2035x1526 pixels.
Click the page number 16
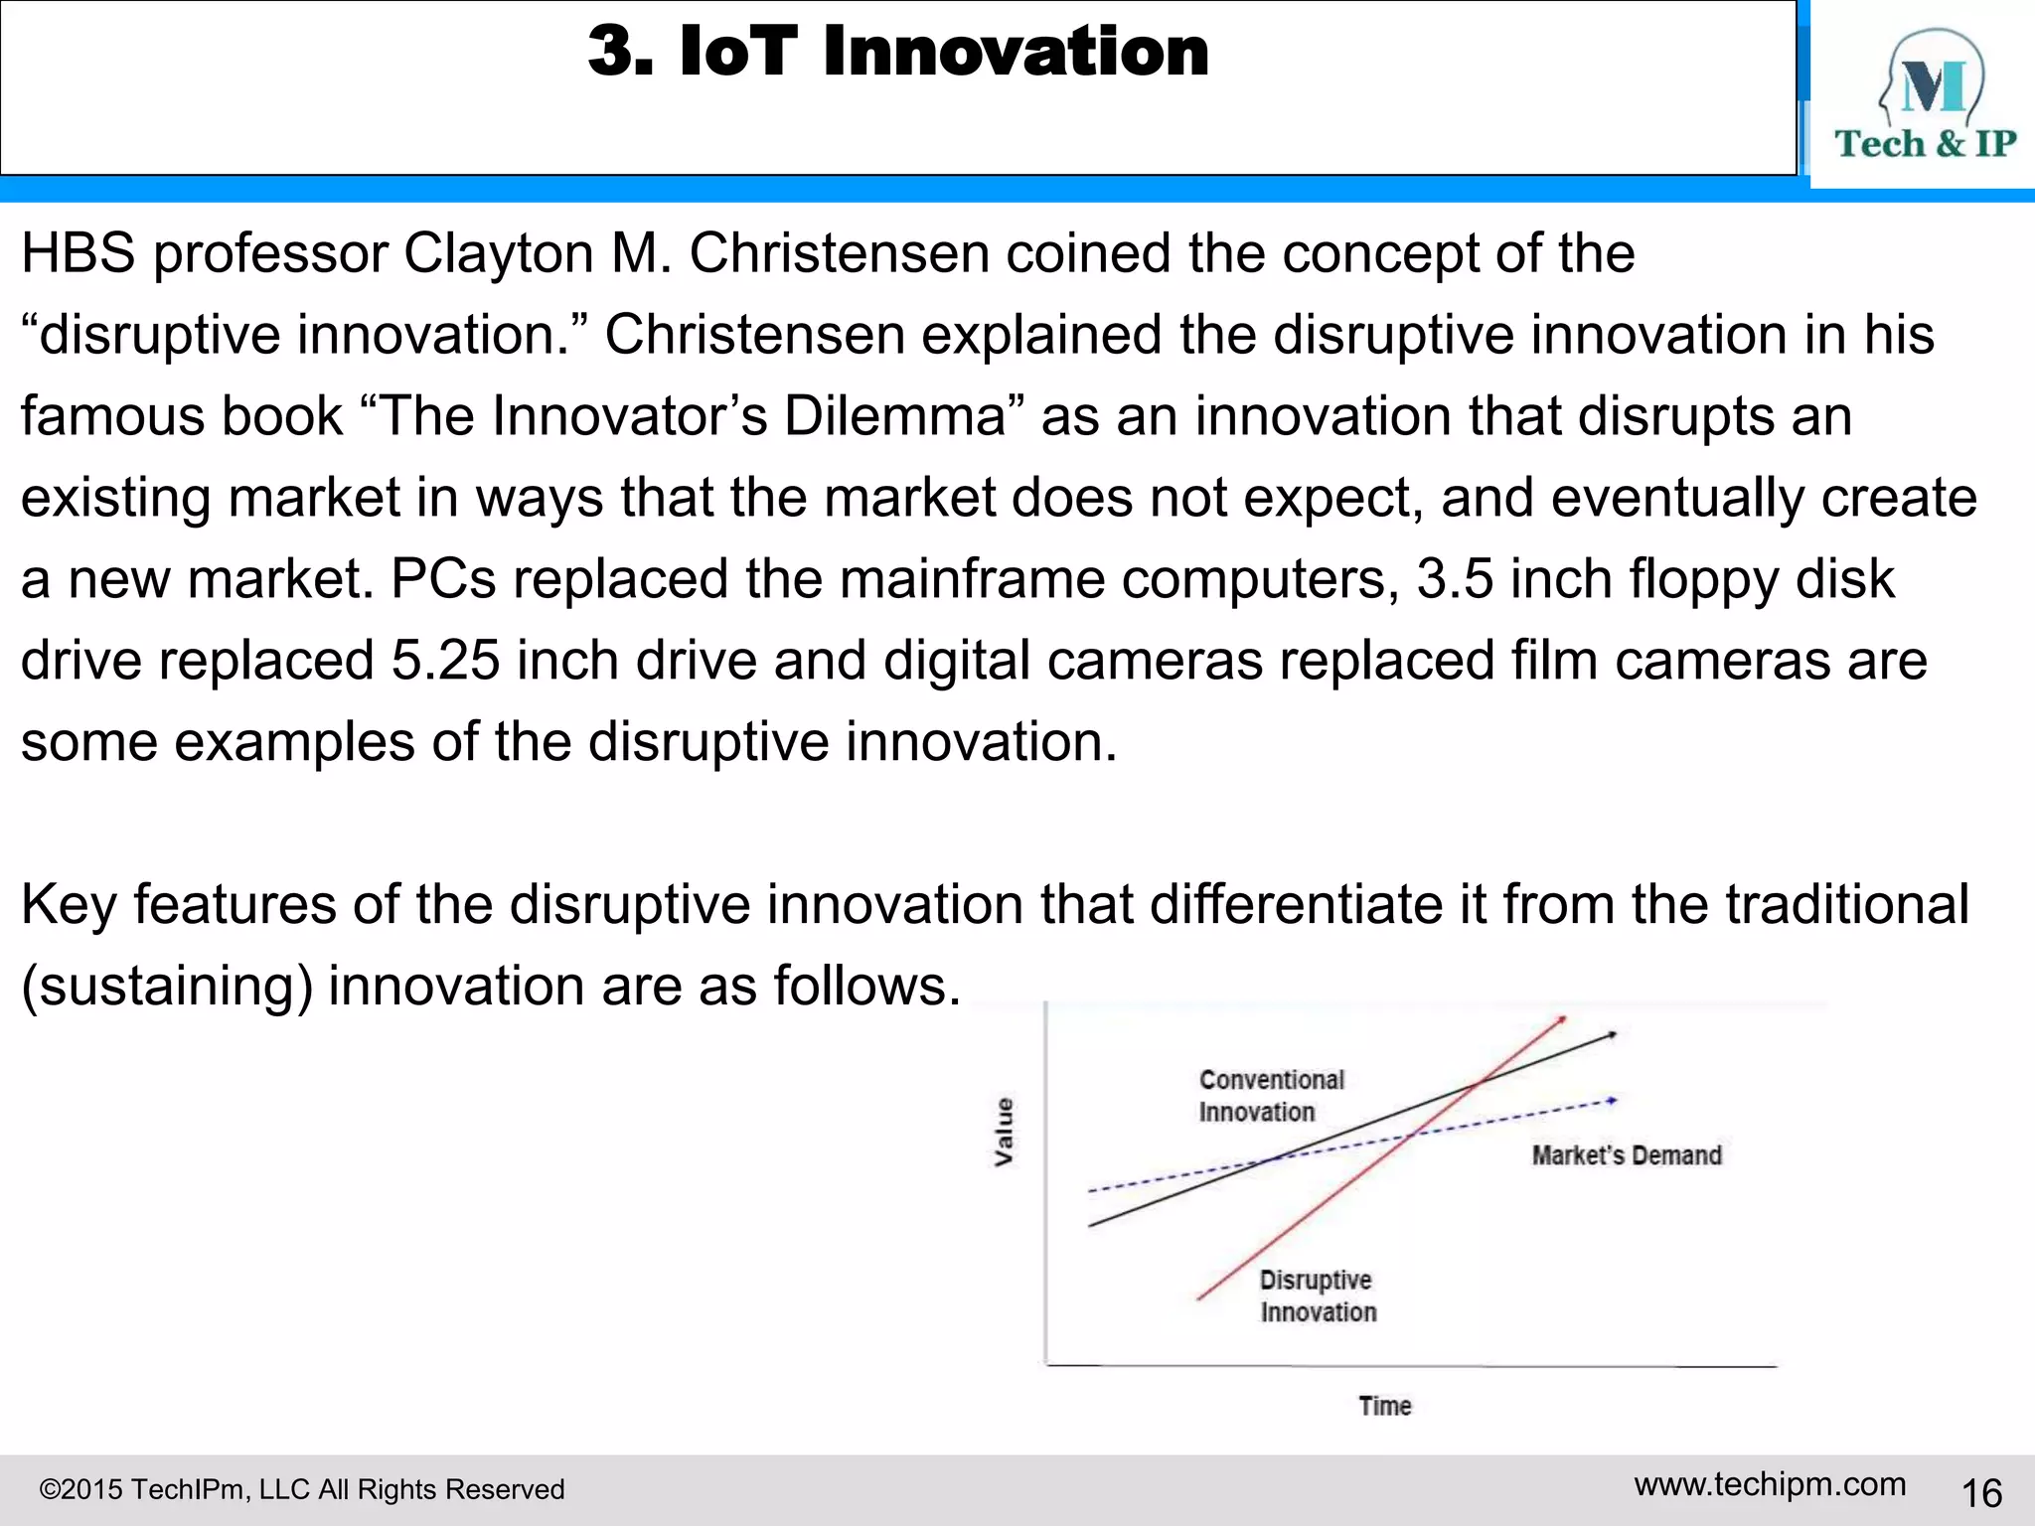(x=1981, y=1493)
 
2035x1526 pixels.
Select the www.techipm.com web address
(x=1770, y=1484)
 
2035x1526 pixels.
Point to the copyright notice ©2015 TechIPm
(x=301, y=1489)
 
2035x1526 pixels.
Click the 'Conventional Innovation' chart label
(x=1271, y=1096)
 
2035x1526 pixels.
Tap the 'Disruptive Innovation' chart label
(x=1318, y=1296)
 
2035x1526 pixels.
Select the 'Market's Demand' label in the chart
(x=1626, y=1155)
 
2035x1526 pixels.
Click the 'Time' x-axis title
(x=1384, y=1406)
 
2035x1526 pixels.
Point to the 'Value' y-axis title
(x=1005, y=1132)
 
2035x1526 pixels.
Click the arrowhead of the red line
(x=1562, y=1019)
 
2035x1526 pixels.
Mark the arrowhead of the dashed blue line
(x=1612, y=1101)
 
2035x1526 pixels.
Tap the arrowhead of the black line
(x=1612, y=1035)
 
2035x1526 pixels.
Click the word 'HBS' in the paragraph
(x=78, y=253)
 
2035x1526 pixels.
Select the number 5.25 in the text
(x=445, y=661)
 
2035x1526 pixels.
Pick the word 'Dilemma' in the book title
(x=894, y=416)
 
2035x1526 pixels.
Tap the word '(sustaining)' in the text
(x=167, y=987)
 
